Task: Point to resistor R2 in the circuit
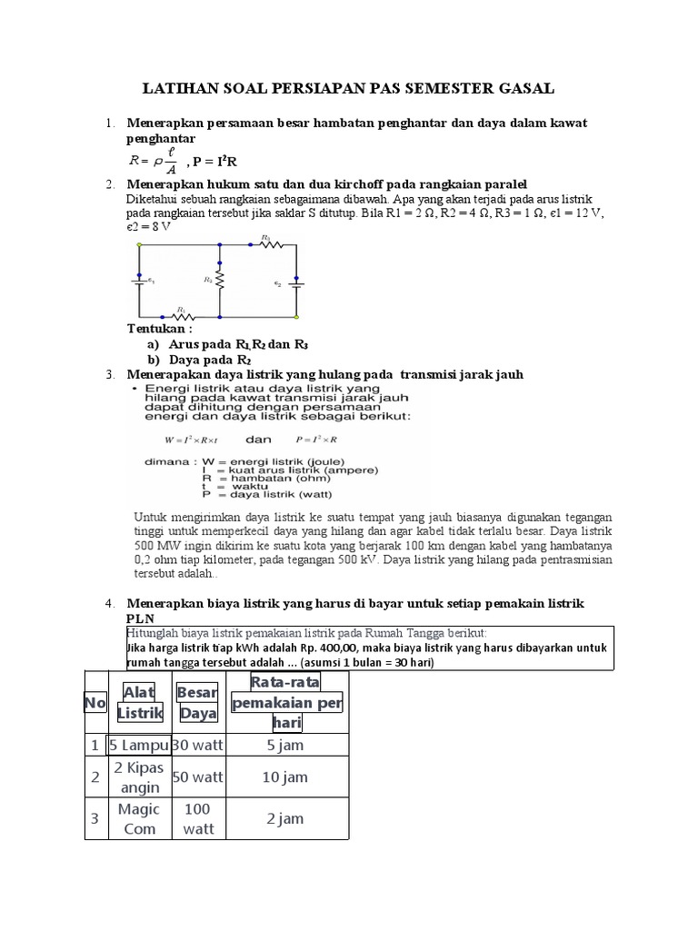tap(219, 281)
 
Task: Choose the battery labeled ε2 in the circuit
tap(298, 282)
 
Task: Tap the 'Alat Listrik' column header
tap(138, 702)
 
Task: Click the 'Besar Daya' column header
tap(197, 702)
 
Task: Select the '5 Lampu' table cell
tap(138, 746)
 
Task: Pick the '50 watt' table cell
tap(197, 777)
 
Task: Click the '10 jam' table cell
tap(284, 777)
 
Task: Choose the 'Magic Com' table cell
tap(138, 818)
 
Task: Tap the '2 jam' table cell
tap(284, 818)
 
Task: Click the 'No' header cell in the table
tap(95, 702)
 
